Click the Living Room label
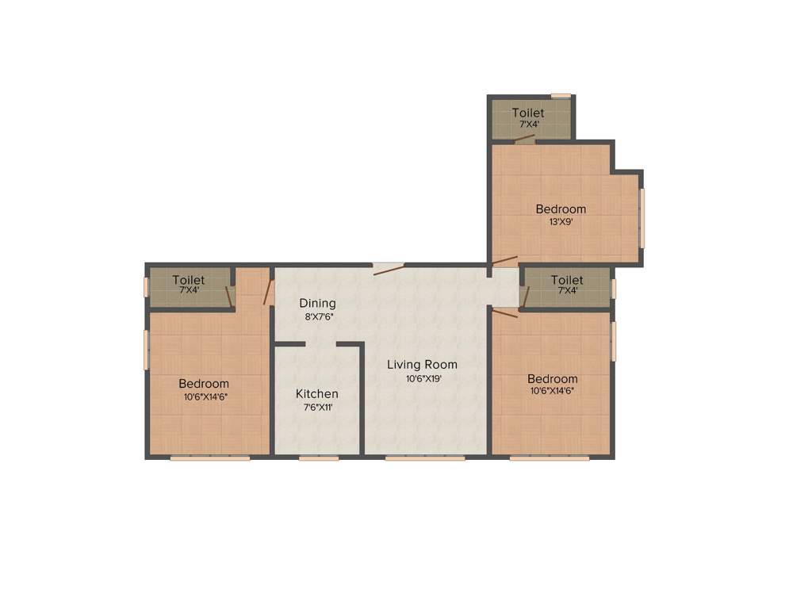click(422, 365)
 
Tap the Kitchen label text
click(317, 394)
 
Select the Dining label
click(317, 303)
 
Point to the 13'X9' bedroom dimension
click(561, 222)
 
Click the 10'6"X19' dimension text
click(423, 379)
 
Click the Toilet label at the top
click(528, 113)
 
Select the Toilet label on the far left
click(189, 280)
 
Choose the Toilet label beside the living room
click(567, 280)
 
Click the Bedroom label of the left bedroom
click(204, 384)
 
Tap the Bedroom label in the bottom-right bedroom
click(553, 379)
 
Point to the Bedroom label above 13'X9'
click(561, 209)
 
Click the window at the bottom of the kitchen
click(319, 458)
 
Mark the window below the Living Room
click(425, 458)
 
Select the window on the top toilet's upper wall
click(561, 96)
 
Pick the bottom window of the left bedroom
click(210, 458)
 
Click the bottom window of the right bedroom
click(550, 458)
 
